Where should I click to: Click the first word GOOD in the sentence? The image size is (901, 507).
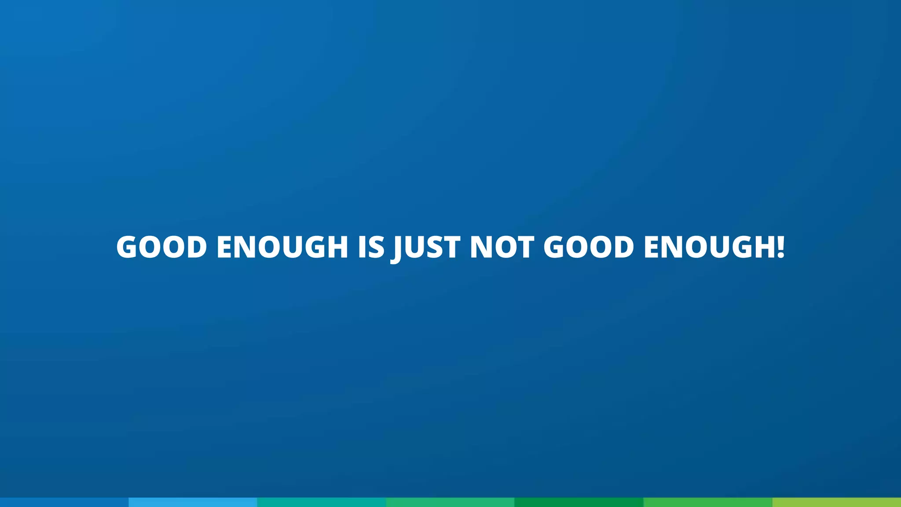click(x=161, y=247)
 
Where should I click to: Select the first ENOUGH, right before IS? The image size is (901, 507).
click(x=282, y=247)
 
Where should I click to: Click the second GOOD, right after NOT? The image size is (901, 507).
click(x=589, y=247)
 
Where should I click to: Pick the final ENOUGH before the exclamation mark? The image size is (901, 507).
click(x=709, y=247)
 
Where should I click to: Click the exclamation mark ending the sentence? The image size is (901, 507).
click(x=780, y=247)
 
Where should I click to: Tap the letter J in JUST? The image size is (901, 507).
click(x=397, y=249)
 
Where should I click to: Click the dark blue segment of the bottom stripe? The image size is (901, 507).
click(x=64, y=502)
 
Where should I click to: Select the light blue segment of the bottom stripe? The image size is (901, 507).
click(x=193, y=502)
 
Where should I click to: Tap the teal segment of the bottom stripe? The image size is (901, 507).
click(x=322, y=502)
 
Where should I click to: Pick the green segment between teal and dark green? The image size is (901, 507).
click(x=450, y=502)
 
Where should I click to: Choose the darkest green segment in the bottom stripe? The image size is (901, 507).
click(x=579, y=502)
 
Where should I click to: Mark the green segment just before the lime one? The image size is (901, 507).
click(x=707, y=502)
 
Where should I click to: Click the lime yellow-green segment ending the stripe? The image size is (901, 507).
click(x=836, y=502)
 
